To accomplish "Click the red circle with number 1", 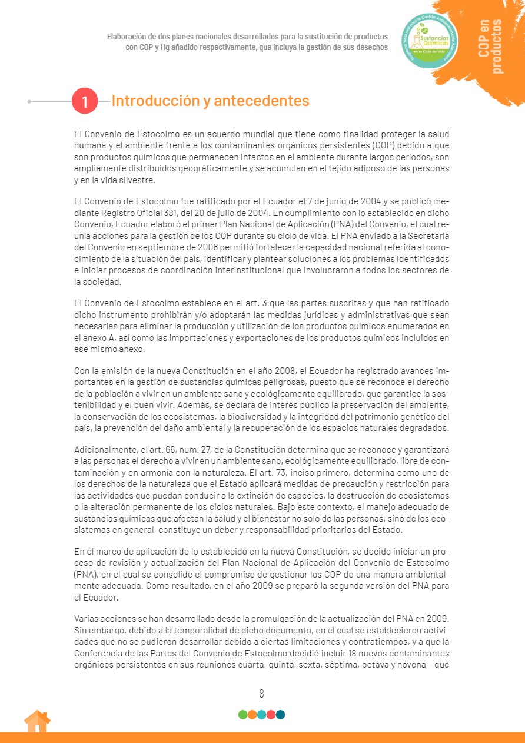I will (85, 101).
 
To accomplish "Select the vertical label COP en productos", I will (490, 47).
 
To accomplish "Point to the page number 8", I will (262, 694).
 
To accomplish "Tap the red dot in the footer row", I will (271, 715).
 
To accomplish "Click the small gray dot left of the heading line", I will (29, 101).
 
